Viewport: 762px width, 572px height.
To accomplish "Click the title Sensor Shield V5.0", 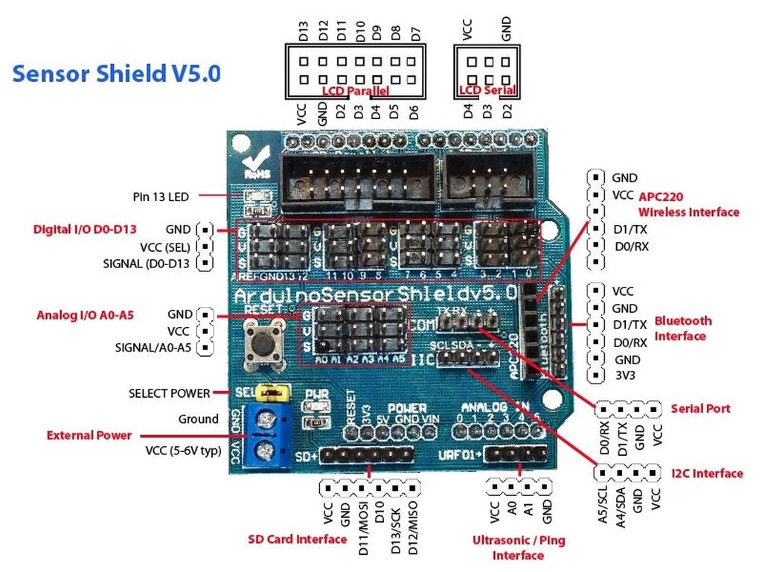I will point(116,74).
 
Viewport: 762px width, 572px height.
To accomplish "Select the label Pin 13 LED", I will point(161,197).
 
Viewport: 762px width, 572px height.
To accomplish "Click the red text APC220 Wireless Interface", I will point(688,204).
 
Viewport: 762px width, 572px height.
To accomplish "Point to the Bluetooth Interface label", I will point(682,328).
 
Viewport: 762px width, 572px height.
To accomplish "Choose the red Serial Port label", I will point(700,408).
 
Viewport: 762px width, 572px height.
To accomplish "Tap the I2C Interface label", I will point(706,473).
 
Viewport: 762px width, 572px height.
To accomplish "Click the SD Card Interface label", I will point(297,538).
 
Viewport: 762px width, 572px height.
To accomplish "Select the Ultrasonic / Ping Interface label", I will point(518,547).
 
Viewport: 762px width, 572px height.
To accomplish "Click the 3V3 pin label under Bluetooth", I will point(624,375).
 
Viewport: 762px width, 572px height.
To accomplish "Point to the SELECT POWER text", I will point(169,393).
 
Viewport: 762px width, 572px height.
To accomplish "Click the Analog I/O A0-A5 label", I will point(85,315).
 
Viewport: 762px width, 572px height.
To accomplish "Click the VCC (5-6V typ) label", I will point(183,450).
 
